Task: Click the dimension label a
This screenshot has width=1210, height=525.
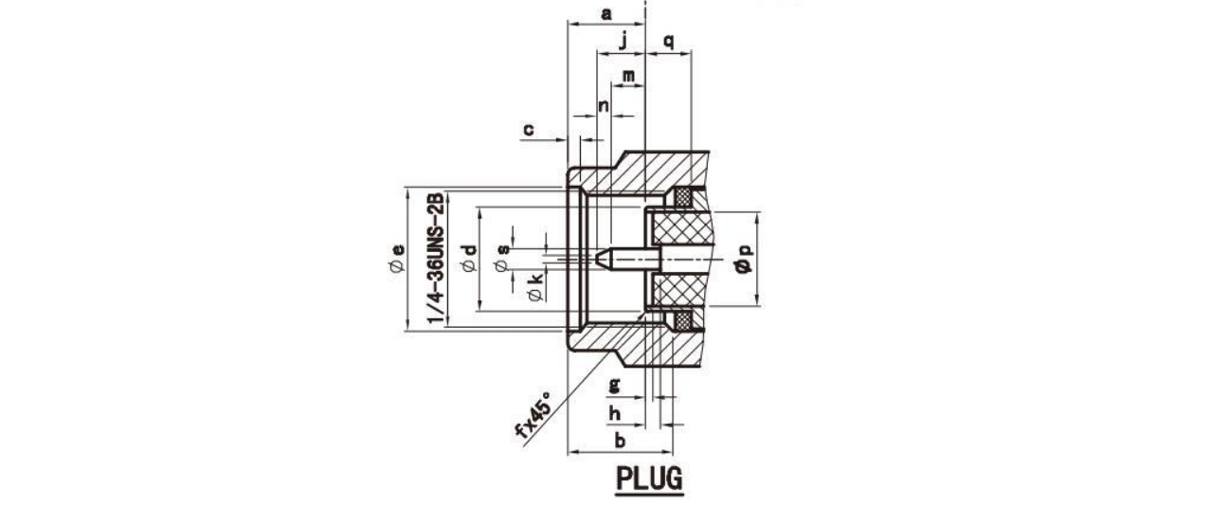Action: pyautogui.click(x=606, y=14)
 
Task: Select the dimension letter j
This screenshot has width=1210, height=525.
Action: pyautogui.click(x=623, y=42)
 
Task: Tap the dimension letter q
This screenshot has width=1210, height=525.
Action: pyautogui.click(x=669, y=42)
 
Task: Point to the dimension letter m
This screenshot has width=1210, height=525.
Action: pyautogui.click(x=628, y=77)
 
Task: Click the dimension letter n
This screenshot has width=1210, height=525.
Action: pyautogui.click(x=604, y=106)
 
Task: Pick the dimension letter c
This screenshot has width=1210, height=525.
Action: pyautogui.click(x=529, y=130)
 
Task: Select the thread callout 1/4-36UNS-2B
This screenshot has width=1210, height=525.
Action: pyautogui.click(x=436, y=258)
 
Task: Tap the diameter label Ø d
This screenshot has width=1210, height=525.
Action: pyautogui.click(x=470, y=258)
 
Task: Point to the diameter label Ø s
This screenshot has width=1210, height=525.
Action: pyautogui.click(x=502, y=258)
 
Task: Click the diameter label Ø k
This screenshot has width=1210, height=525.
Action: pyautogui.click(x=535, y=287)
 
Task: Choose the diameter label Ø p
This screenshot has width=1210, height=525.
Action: pyautogui.click(x=745, y=258)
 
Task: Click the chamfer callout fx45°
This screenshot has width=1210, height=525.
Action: pyautogui.click(x=533, y=414)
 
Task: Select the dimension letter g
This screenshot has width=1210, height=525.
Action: pyautogui.click(x=615, y=386)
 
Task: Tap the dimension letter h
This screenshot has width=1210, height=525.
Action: pyautogui.click(x=615, y=414)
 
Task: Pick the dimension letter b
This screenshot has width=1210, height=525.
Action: pyautogui.click(x=620, y=441)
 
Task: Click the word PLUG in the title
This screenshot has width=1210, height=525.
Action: pyautogui.click(x=649, y=478)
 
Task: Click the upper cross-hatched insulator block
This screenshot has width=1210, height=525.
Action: pyautogui.click(x=679, y=229)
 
